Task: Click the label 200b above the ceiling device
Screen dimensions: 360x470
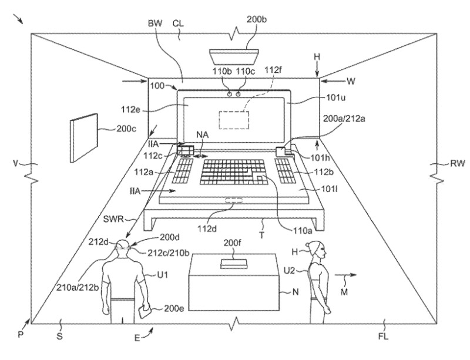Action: tap(256, 19)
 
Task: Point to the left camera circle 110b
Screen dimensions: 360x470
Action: tap(229, 93)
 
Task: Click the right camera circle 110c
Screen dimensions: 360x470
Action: tap(238, 93)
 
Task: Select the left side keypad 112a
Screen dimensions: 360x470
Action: tap(182, 171)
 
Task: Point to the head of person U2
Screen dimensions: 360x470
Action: tap(313, 251)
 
